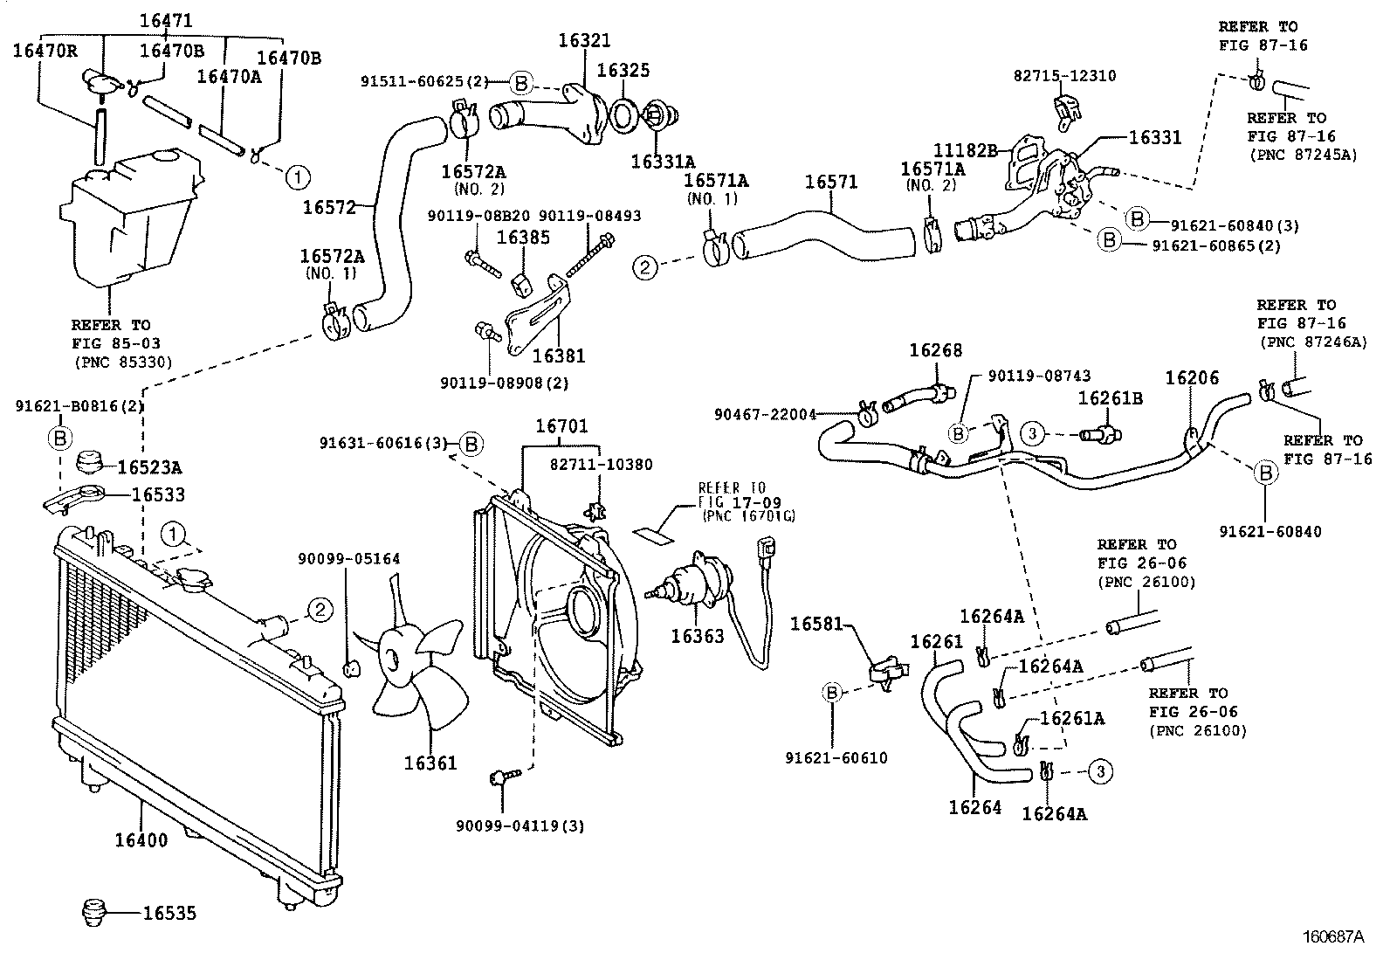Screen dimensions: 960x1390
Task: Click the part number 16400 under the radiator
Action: pos(141,840)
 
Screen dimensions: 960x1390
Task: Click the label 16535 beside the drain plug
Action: pos(169,914)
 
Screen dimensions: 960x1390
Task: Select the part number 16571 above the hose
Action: pos(830,182)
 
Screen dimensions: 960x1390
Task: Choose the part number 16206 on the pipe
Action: pos(1192,377)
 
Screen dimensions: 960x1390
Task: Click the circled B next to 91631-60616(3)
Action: pos(471,444)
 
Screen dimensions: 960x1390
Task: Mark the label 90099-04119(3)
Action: pos(520,825)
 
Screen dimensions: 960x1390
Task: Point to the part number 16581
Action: pos(816,624)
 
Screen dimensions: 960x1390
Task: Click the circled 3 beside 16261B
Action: pos(1033,433)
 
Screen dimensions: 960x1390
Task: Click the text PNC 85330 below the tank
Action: pos(122,362)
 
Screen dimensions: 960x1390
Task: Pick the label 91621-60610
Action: pos(836,757)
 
